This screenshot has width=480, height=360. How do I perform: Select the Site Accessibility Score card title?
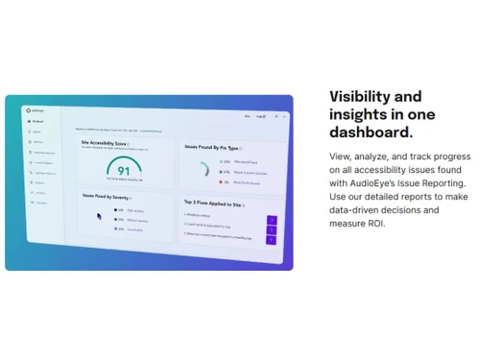click(105, 143)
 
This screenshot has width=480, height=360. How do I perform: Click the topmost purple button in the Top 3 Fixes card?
click(271, 220)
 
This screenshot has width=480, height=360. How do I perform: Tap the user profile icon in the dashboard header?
click(272, 117)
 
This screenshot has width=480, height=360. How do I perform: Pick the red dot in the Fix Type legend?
click(222, 180)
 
